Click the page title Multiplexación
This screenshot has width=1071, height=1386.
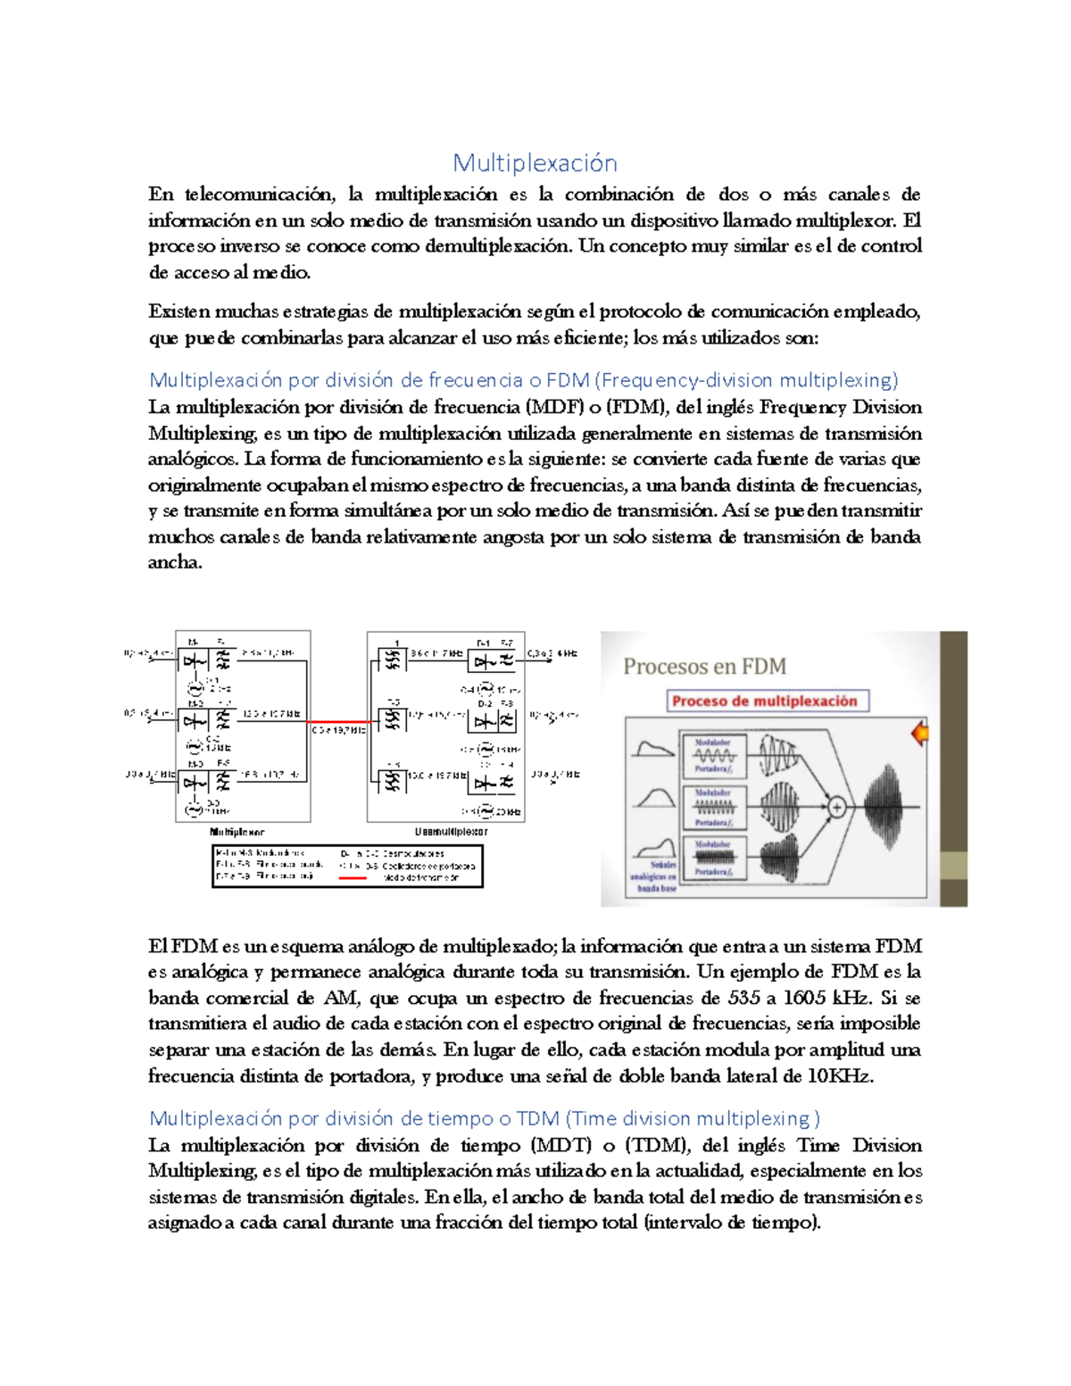pos(535,162)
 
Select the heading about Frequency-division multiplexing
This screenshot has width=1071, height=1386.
pos(523,380)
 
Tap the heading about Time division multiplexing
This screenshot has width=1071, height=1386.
pos(484,1118)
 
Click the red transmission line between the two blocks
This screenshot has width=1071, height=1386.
pos(338,721)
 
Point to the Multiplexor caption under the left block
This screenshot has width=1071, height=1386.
pos(237,832)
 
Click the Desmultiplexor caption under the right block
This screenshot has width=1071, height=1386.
pos(451,832)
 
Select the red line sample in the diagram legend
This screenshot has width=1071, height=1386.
pos(353,878)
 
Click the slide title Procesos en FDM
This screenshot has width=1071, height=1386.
pos(704,667)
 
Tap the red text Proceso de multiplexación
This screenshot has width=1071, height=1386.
pos(764,701)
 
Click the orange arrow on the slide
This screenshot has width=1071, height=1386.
pos(919,734)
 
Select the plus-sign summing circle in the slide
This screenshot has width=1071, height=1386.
pos(836,808)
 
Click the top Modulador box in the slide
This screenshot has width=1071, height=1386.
pos(713,756)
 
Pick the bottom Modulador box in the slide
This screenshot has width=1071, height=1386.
pos(713,858)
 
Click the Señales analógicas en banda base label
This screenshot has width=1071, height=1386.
pos(655,876)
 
